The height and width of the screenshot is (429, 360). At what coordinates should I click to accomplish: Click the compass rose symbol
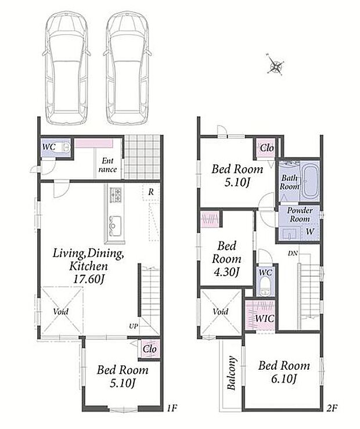click(275, 64)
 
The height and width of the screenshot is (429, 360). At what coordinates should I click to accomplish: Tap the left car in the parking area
click(67, 68)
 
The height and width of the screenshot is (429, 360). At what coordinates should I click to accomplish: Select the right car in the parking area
click(128, 68)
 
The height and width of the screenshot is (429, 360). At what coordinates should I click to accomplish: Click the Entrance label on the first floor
click(108, 165)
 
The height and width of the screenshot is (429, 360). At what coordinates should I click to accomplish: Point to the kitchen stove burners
click(116, 195)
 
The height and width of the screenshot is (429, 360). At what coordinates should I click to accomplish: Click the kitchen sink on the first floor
click(115, 226)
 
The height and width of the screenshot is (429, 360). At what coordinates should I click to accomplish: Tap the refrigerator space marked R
click(151, 192)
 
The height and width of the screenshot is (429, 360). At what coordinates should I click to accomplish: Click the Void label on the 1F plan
click(61, 311)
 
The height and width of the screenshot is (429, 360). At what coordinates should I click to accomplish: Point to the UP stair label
click(134, 326)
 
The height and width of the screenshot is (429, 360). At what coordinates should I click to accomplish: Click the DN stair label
click(293, 253)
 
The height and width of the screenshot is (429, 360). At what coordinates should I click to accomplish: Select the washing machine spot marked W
click(309, 232)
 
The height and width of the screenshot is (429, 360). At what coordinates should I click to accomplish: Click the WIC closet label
click(265, 318)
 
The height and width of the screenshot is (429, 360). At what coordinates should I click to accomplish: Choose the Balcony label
click(232, 373)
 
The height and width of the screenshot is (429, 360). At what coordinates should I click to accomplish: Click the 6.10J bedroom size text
click(284, 378)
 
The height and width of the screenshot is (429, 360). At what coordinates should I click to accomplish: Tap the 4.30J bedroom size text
click(226, 272)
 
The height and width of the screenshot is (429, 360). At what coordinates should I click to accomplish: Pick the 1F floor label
click(172, 409)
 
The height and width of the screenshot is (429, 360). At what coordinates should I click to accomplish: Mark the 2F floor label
click(332, 409)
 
